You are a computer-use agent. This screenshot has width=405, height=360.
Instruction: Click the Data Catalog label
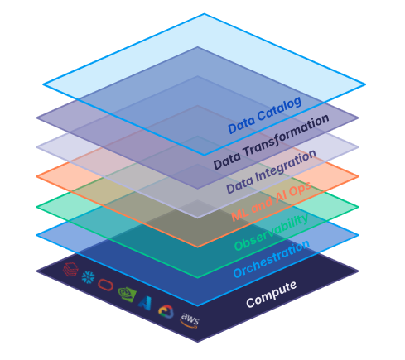(x=265, y=115)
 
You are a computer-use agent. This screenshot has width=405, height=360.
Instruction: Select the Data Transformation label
(x=271, y=141)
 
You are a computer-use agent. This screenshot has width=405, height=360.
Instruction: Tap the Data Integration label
(x=271, y=171)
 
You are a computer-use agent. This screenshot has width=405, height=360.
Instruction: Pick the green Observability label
(x=272, y=231)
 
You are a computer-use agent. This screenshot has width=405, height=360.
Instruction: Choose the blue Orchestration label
(x=272, y=259)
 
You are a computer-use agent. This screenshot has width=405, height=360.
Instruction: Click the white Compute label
(x=272, y=294)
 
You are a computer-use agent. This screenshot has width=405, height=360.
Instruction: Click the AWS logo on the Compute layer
(x=190, y=319)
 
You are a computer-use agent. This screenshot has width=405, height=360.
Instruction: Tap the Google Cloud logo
(x=166, y=311)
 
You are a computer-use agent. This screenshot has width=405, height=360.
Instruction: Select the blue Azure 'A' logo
(x=146, y=302)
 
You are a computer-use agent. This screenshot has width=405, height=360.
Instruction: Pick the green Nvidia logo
(x=126, y=293)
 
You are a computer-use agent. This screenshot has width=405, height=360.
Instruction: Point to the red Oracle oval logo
(x=106, y=285)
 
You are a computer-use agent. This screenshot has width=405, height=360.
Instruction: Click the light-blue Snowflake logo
(x=87, y=276)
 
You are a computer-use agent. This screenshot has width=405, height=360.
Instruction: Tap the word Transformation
(x=288, y=134)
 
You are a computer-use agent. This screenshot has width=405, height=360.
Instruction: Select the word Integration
(x=286, y=166)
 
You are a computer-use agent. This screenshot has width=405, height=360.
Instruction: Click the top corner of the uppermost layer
(x=204, y=14)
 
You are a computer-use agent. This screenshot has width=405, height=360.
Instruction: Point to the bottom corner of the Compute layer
(x=199, y=341)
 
